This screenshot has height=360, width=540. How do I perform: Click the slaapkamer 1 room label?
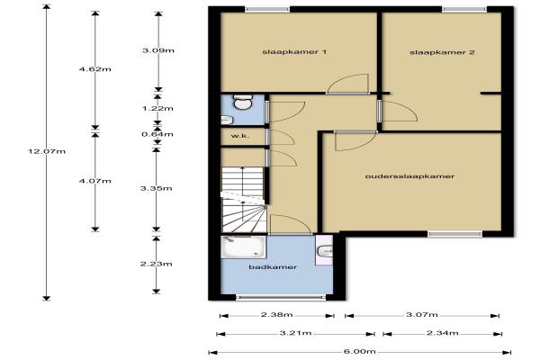(x=294, y=52)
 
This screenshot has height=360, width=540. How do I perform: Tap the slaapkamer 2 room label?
(x=442, y=53)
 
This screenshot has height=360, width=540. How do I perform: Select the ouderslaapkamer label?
(x=409, y=176)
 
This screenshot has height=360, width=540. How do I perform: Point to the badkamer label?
(x=273, y=267)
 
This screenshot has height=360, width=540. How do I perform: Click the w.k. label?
(x=240, y=136)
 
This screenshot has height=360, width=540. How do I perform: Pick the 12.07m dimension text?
(x=47, y=151)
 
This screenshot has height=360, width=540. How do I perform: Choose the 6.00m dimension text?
(x=359, y=352)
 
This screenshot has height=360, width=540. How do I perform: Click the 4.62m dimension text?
(x=95, y=69)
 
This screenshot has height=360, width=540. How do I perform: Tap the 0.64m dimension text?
(x=157, y=134)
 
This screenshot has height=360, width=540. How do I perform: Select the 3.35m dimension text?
(x=157, y=188)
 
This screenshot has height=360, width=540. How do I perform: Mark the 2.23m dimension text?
(x=157, y=264)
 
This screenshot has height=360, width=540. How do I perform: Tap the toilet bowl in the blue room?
(x=243, y=103)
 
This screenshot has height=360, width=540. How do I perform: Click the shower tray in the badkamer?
(x=244, y=247)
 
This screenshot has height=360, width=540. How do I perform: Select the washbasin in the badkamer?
(x=325, y=251)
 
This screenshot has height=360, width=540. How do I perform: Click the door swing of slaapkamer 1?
(x=348, y=83)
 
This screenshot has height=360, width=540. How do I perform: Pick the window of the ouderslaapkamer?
(x=454, y=234)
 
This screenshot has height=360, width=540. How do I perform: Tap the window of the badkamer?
(x=281, y=297)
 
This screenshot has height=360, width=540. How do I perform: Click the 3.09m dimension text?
(x=158, y=50)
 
